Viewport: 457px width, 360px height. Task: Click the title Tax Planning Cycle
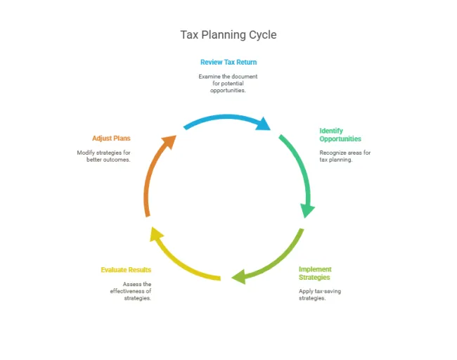pyautogui.click(x=228, y=35)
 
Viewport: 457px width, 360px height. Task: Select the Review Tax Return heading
pyautogui.click(x=228, y=62)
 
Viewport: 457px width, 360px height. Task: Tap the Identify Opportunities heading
pyautogui.click(x=340, y=135)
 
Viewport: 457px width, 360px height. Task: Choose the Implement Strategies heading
pyautogui.click(x=315, y=273)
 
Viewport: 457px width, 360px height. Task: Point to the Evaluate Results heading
pyautogui.click(x=126, y=270)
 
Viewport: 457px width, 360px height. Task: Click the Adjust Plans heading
pyautogui.click(x=111, y=139)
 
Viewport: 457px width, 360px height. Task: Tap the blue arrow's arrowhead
pyautogui.click(x=263, y=124)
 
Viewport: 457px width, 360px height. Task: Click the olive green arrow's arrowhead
pyautogui.click(x=239, y=276)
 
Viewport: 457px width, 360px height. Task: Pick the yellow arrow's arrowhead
pyautogui.click(x=156, y=233)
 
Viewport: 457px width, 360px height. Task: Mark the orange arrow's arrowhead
pyautogui.click(x=169, y=141)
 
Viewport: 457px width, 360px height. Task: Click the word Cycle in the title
pyautogui.click(x=263, y=35)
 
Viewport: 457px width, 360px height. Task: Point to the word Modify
pyautogui.click(x=86, y=153)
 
